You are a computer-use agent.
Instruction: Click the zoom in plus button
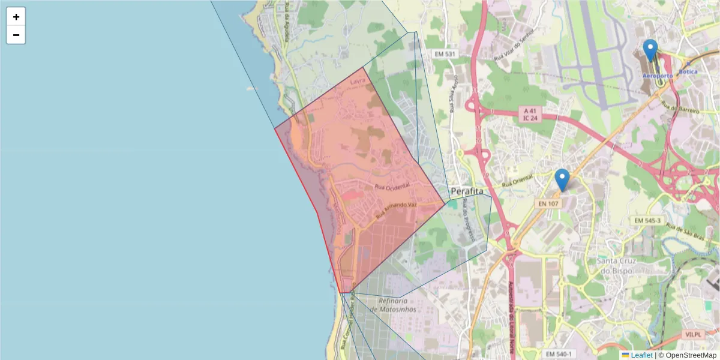[x=16, y=17]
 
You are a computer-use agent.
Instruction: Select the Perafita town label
[x=467, y=191]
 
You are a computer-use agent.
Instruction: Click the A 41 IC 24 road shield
[x=529, y=115]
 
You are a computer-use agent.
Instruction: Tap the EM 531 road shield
[x=445, y=54]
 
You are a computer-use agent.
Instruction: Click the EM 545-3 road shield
[x=647, y=221]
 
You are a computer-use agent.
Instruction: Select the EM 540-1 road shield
[x=559, y=354]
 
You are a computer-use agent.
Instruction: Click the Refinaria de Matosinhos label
[x=393, y=305]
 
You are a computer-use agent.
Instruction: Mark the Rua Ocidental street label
[x=392, y=187]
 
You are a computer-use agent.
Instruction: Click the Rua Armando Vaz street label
[x=396, y=209]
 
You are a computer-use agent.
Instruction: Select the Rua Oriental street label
[x=517, y=179]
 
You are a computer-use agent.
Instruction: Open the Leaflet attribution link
[x=641, y=355]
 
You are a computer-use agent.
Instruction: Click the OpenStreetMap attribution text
[x=691, y=355]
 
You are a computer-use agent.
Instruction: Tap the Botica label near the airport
[x=688, y=72]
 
